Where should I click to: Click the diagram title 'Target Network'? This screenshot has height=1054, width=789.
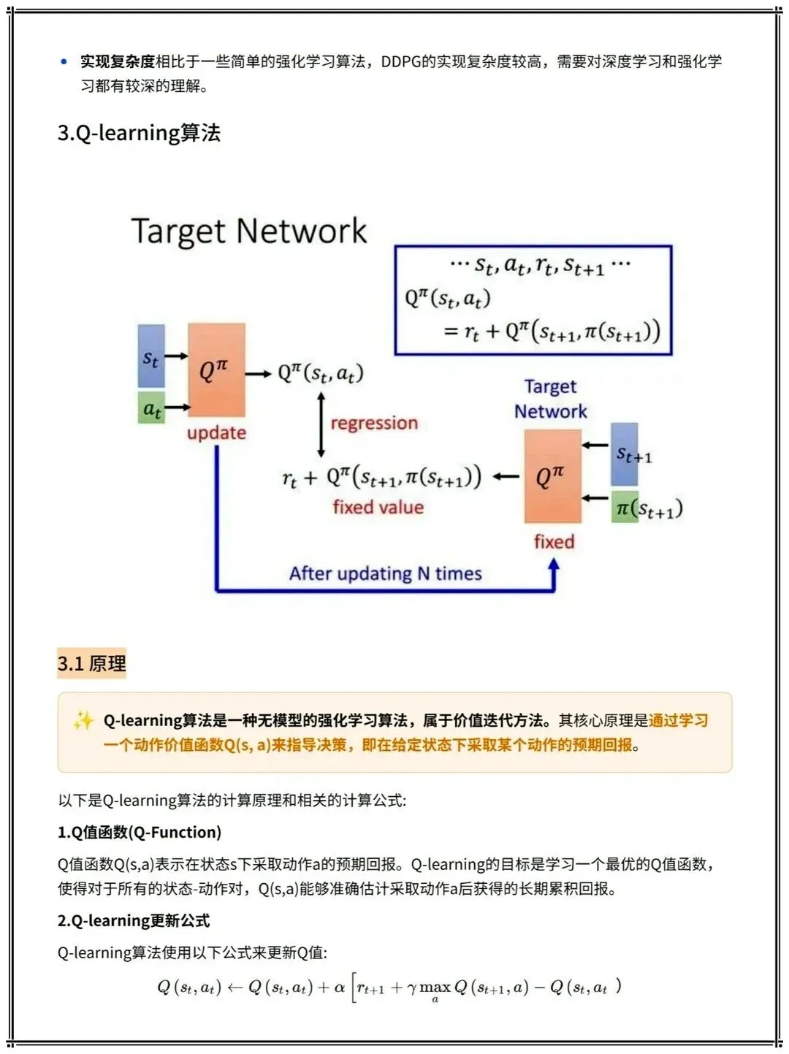click(248, 231)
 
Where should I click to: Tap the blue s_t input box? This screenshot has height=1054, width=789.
click(151, 356)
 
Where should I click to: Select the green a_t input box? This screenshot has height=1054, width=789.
click(151, 408)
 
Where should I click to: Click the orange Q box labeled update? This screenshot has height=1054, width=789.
click(216, 370)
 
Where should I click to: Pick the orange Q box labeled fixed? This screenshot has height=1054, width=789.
click(552, 476)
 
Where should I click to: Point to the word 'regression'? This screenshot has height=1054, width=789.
click(374, 423)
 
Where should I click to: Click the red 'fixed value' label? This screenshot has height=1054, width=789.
click(378, 507)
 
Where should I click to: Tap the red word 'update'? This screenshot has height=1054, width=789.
click(216, 432)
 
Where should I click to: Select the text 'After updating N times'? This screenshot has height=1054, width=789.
click(385, 573)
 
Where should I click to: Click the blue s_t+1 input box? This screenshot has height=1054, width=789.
click(625, 454)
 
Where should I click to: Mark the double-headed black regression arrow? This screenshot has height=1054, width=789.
click(321, 424)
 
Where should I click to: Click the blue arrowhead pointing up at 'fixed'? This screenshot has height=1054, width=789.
click(554, 565)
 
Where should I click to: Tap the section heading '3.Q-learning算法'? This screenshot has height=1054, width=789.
click(139, 133)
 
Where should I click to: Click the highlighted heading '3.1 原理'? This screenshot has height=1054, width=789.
click(92, 663)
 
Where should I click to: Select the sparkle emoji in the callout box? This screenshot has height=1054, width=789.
click(83, 721)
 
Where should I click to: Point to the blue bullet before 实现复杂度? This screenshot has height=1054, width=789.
click(64, 62)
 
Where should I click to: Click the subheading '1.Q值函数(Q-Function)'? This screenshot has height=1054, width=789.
click(140, 832)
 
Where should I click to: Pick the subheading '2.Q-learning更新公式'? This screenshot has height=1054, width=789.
click(134, 920)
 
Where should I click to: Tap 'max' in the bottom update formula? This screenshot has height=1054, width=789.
click(435, 988)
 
